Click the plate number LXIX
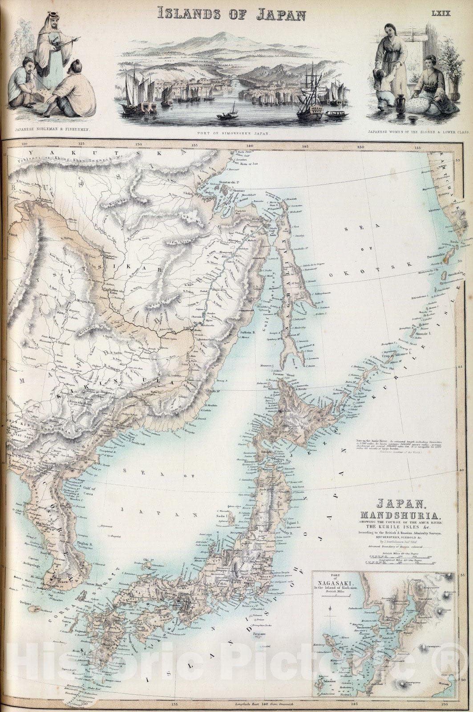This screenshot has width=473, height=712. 441,13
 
